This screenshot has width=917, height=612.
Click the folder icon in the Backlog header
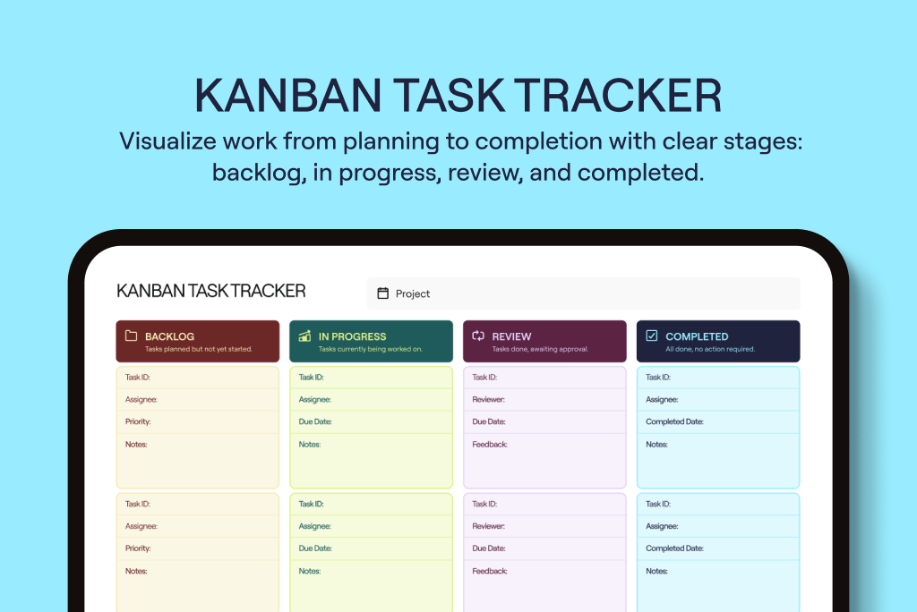point(131,336)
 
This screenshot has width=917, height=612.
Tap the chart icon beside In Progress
point(304,336)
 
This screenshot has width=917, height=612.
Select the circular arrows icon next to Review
point(478,336)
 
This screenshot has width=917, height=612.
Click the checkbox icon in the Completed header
point(652,336)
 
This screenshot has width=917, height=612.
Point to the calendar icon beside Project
point(382,293)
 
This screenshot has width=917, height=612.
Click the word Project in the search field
point(413,293)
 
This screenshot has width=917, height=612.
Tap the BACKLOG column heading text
point(169,336)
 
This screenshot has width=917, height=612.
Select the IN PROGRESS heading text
point(352,336)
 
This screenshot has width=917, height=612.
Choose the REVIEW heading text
point(511,336)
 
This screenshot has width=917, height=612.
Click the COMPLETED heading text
point(697,336)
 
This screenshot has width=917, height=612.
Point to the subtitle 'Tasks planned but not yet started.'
point(198,349)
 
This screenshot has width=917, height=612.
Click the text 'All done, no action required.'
point(710,349)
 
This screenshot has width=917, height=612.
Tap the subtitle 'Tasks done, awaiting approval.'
point(540,349)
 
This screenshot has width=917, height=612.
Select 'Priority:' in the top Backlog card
point(138,421)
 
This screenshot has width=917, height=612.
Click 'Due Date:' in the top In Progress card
point(314,421)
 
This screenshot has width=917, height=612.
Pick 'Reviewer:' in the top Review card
point(488,400)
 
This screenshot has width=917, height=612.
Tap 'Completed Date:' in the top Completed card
point(674,421)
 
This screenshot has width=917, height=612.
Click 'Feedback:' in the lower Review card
point(490,571)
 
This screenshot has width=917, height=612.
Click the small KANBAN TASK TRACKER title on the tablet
point(211,291)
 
